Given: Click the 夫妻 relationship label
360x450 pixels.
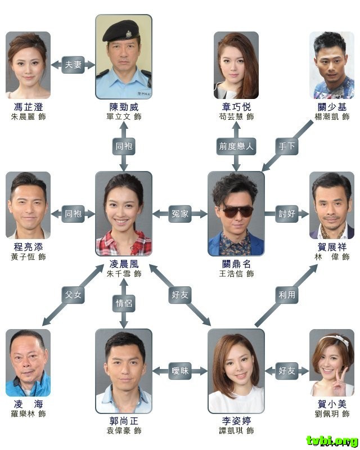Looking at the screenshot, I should pos(73,65).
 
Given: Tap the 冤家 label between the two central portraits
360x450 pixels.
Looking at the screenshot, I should pos(180,213).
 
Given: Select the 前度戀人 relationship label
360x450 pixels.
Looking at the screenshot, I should pos(236,146).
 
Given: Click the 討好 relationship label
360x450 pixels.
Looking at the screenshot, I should pos(287,213).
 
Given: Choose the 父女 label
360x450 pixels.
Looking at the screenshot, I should pos(73,295).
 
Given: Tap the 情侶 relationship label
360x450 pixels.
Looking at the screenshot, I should pos(124,303).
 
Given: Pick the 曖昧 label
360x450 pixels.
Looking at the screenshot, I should pos(180,371).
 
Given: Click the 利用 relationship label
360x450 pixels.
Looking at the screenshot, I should pos(287,295).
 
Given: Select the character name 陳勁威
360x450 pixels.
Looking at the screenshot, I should pos(124,107).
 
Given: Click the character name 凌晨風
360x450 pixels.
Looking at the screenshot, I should pos(124,264).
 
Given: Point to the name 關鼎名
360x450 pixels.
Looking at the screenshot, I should pos(236,264).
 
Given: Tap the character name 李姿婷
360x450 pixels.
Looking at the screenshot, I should pos(236,421).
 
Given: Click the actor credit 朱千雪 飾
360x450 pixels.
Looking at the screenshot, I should pos(124,273).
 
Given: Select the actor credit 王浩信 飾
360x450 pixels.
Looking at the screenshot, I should pos(236,273).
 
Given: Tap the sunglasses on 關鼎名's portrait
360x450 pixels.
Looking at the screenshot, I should pos(236,210).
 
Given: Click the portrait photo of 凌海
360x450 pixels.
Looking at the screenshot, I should pos(28,363).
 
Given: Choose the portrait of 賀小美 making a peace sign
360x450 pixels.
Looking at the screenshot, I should pos(332,363).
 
